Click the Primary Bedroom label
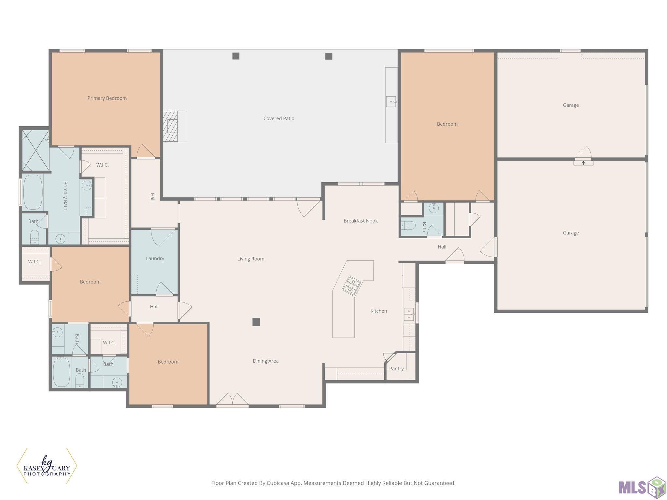point(107,98)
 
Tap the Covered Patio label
point(279,118)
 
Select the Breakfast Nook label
point(361,221)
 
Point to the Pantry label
point(396,368)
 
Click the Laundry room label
point(155,258)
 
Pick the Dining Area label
point(266,361)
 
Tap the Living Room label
point(251,259)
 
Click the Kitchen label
point(379,311)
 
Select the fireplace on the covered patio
point(175,126)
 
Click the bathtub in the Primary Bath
point(33,192)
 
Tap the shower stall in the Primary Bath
point(35,150)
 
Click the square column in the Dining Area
point(256,322)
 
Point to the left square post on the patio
point(236,56)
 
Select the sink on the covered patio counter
point(391,102)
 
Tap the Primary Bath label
point(65,196)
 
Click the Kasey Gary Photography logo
point(47,466)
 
